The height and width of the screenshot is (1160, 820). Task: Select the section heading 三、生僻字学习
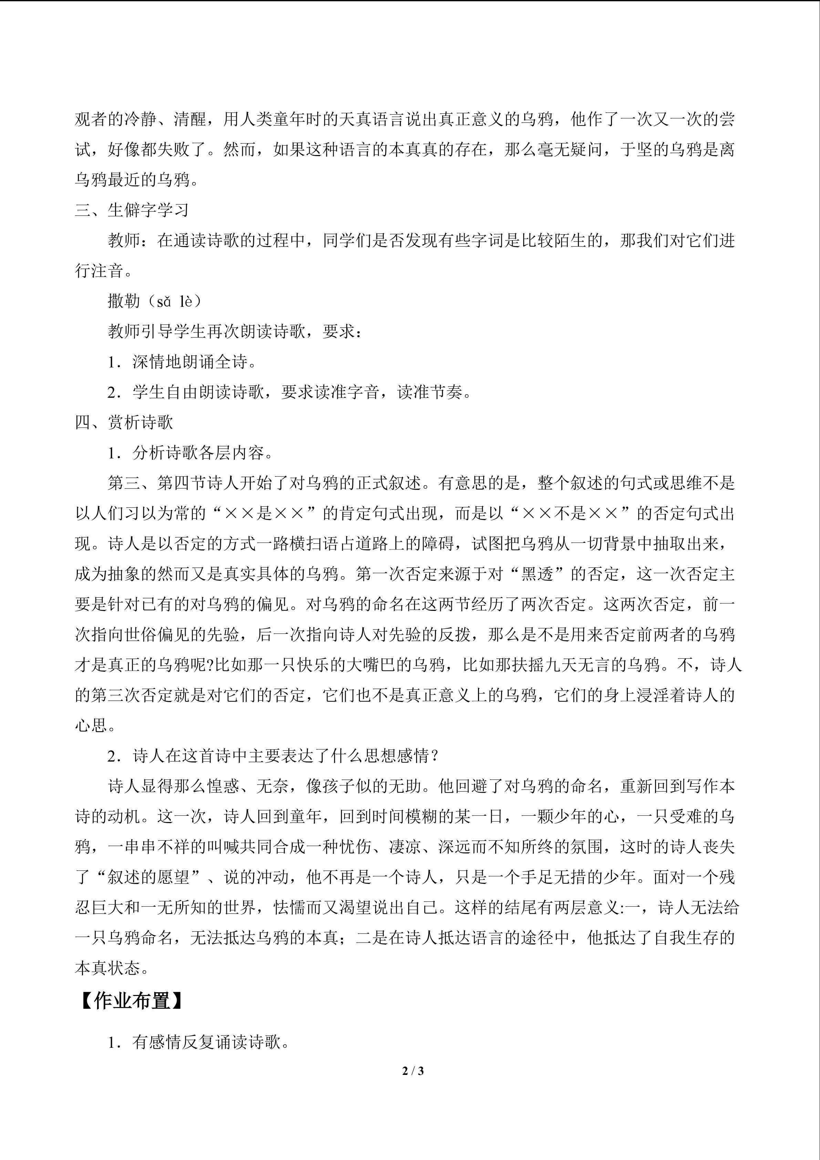pyautogui.click(x=132, y=210)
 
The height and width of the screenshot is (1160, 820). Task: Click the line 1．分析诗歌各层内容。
pyautogui.click(x=190, y=453)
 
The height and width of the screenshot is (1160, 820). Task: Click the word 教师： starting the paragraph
pyautogui.click(x=132, y=240)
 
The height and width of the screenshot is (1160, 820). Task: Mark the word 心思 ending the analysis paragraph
pyautogui.click(x=91, y=726)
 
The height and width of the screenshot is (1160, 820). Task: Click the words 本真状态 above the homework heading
pyautogui.click(x=107, y=968)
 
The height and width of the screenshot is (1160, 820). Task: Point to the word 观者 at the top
pyautogui.click(x=91, y=119)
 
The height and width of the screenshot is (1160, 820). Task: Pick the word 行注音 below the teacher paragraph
pyautogui.click(x=100, y=271)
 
